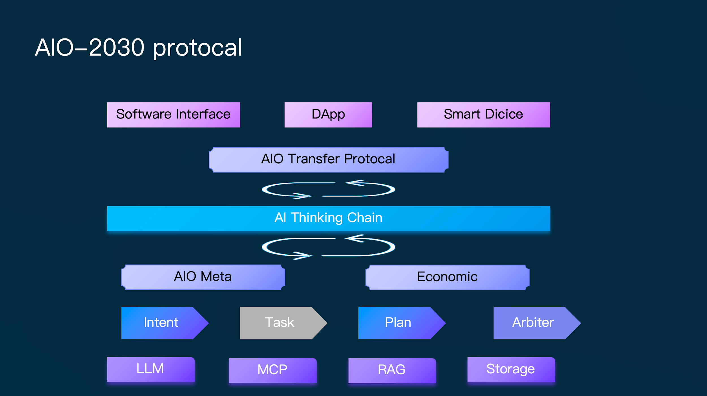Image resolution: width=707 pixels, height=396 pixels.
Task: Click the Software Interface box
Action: pos(173,115)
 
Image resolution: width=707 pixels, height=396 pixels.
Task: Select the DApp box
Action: pos(328,115)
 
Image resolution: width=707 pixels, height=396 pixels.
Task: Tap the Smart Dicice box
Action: pos(484,115)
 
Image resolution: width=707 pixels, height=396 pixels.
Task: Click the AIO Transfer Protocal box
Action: pos(328,160)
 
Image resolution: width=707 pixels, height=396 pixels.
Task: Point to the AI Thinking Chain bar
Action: pos(328,218)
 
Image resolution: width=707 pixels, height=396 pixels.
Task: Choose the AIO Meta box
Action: pos(203,277)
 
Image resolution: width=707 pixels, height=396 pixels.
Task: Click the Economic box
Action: pos(447,277)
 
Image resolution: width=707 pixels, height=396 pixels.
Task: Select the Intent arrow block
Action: pos(161,323)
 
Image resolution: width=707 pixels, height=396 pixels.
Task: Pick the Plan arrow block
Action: pos(398,323)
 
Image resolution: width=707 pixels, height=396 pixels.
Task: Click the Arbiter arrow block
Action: pos(533,323)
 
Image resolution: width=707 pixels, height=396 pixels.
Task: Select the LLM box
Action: pos(151,369)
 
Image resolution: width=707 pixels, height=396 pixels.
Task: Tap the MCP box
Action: pos(273,370)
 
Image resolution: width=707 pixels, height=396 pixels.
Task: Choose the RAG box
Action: pos(392,370)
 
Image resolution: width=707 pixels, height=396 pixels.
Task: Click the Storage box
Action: pos(511,369)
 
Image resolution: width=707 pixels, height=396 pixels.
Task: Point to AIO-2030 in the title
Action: pos(90,48)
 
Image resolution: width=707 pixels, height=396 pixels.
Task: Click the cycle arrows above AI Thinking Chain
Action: pos(328,189)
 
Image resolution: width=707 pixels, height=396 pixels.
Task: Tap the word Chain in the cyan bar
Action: pos(365,218)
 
